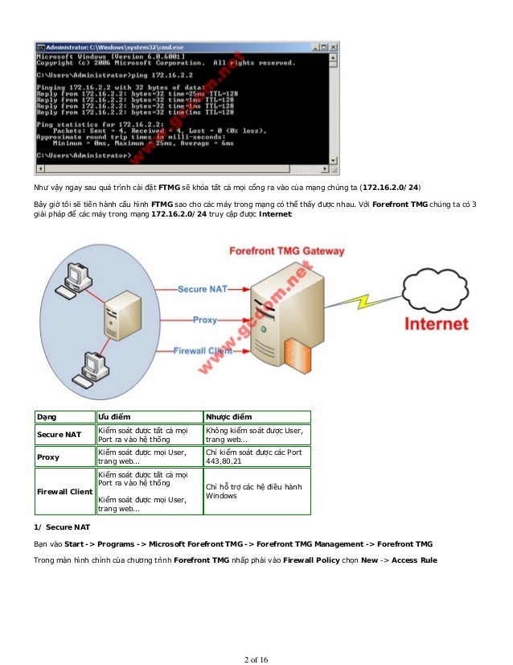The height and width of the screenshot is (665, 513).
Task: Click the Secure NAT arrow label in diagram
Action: click(203, 288)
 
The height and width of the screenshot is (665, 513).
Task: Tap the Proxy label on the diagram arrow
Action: click(205, 320)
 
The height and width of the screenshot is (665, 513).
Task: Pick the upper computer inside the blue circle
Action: click(79, 275)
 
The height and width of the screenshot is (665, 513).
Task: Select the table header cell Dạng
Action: click(47, 417)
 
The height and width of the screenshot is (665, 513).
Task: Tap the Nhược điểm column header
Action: click(228, 417)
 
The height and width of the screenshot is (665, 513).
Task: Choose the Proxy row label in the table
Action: click(48, 457)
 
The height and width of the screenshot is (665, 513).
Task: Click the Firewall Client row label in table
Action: click(64, 491)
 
